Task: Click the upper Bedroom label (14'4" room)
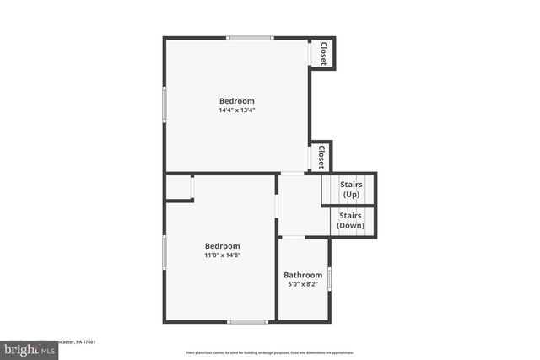click(236, 101)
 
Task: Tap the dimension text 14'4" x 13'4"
click(236, 110)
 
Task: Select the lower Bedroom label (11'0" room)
click(222, 246)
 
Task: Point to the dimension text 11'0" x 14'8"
click(222, 255)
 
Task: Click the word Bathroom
click(303, 275)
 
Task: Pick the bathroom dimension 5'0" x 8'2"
click(303, 284)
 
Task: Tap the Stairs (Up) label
click(351, 189)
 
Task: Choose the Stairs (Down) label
click(350, 220)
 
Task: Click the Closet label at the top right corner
click(322, 53)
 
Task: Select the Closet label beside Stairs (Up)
click(321, 156)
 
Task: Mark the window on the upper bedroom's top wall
click(251, 37)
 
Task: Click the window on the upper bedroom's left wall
click(165, 105)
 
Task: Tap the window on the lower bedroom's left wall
click(165, 250)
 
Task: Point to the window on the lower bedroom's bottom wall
click(248, 321)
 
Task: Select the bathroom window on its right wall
click(329, 278)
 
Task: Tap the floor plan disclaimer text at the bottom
click(270, 353)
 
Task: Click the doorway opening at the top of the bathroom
click(293, 238)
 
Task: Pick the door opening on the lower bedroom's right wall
click(277, 206)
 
